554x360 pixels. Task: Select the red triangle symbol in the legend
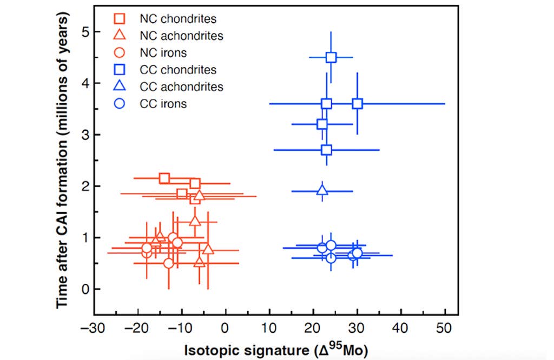click(120, 36)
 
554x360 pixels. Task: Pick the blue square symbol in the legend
click(120, 70)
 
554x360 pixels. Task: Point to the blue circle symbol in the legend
click(120, 103)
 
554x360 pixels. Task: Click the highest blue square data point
click(331, 57)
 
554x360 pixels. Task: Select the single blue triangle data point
click(322, 190)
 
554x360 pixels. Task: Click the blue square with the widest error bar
click(357, 104)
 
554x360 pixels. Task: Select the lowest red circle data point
click(169, 263)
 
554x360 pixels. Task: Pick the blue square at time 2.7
click(326, 150)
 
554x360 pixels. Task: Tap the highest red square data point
click(164, 178)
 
